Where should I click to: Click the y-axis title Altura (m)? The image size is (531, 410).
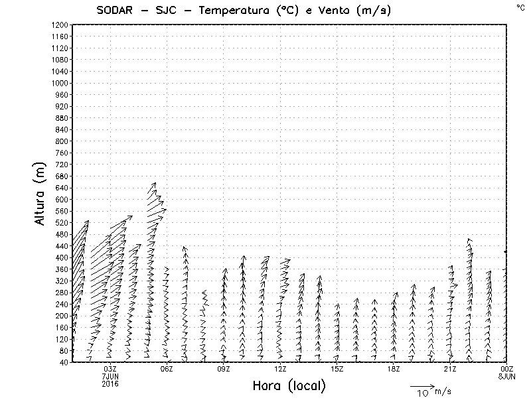click(x=40, y=193)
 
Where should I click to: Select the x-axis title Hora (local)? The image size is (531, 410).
click(x=289, y=386)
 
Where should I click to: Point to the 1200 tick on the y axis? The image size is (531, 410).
click(x=59, y=25)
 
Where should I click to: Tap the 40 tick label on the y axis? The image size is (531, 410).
click(x=63, y=362)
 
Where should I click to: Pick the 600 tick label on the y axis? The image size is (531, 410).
click(x=61, y=200)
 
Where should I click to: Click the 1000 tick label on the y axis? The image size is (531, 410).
click(x=59, y=84)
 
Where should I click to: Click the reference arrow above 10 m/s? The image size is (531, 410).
click(x=421, y=386)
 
